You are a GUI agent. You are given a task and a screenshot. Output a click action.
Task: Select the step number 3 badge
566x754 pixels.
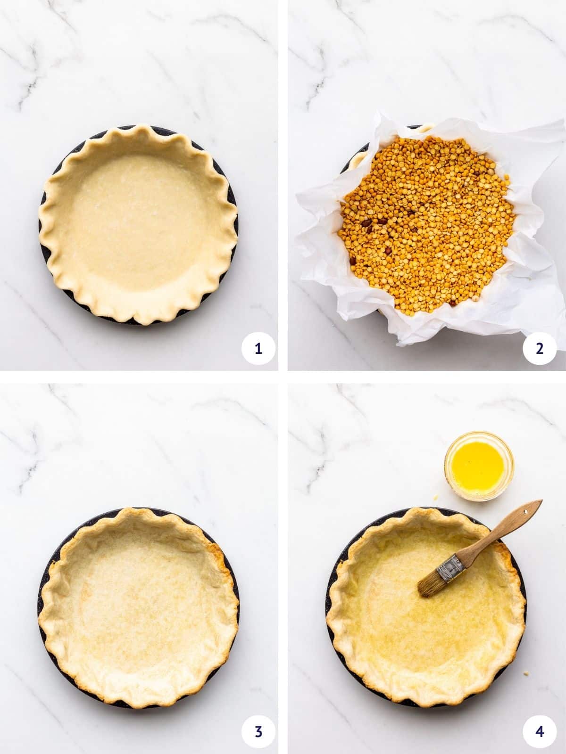pyautogui.click(x=258, y=732)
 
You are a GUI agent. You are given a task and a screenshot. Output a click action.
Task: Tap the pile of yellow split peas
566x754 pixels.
pyautogui.click(x=424, y=221)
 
